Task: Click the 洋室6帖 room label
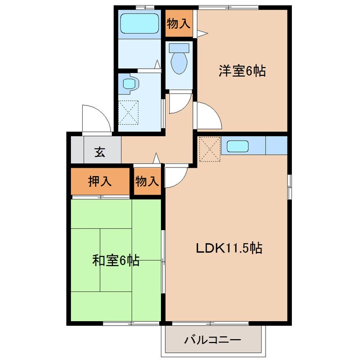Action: (x=242, y=71)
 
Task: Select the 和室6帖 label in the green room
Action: (x=116, y=261)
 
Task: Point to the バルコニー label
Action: (x=213, y=340)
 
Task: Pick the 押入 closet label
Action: (x=101, y=181)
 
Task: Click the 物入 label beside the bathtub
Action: (x=179, y=24)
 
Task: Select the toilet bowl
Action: (x=179, y=62)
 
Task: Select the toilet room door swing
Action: (x=178, y=103)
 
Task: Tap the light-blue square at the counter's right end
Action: (x=276, y=146)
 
